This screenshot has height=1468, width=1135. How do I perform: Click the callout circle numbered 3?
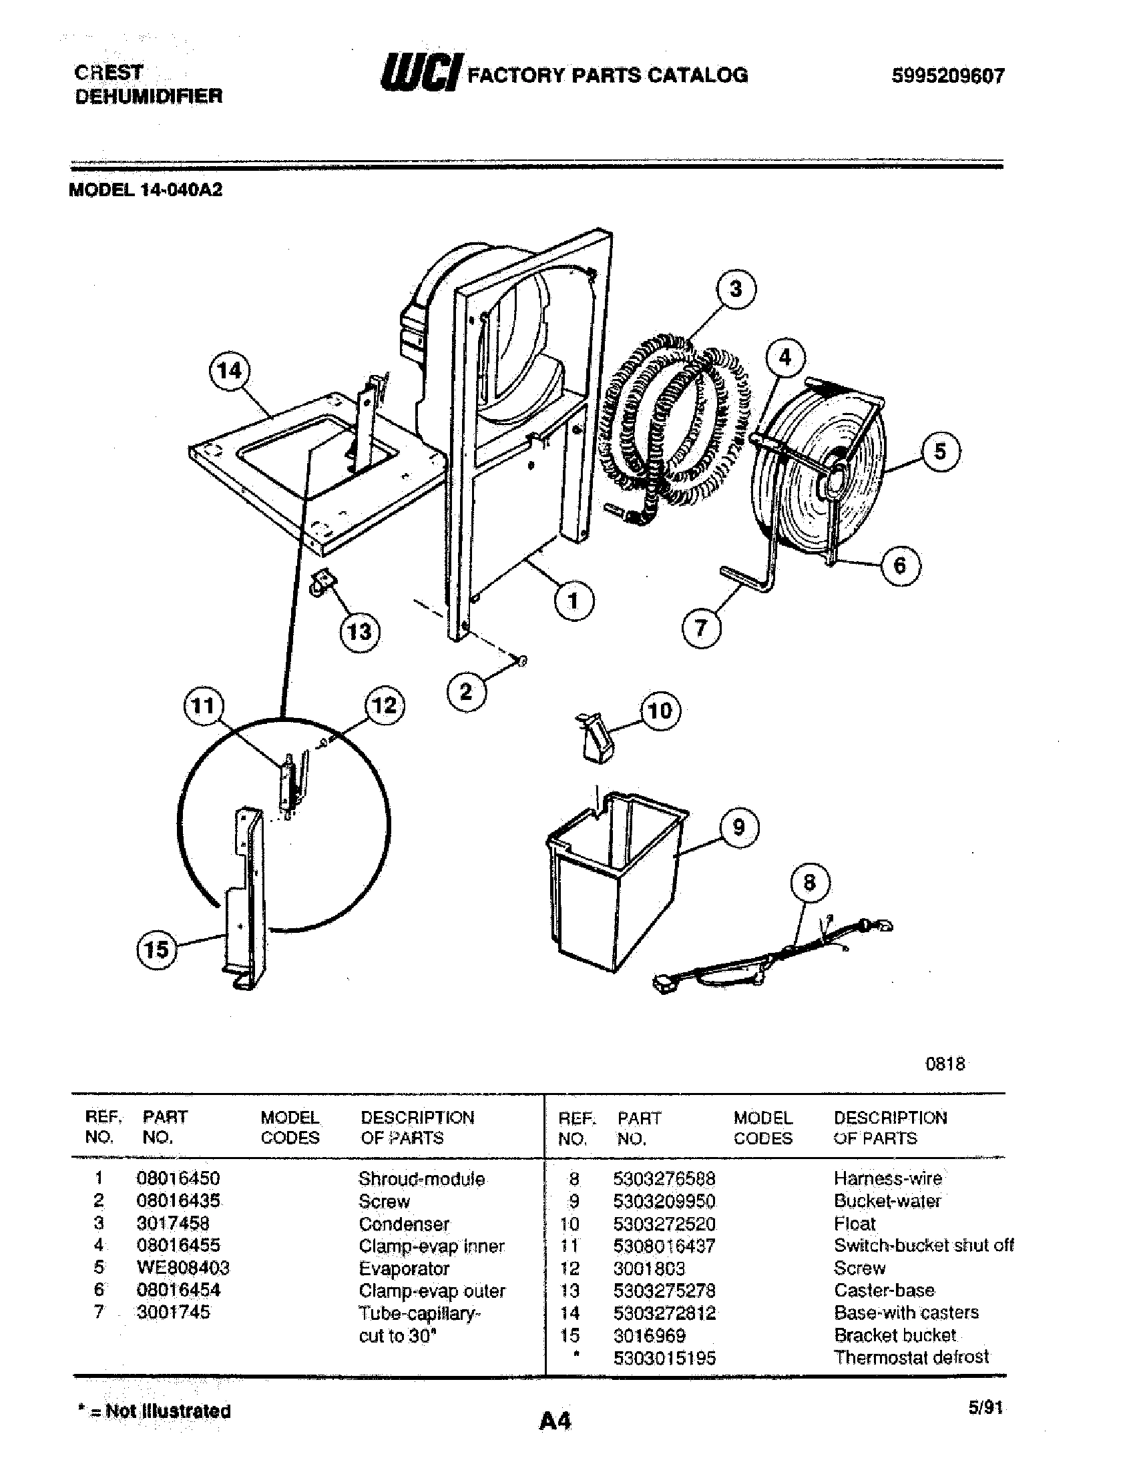(x=736, y=289)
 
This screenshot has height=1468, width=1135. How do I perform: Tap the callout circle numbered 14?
(x=229, y=370)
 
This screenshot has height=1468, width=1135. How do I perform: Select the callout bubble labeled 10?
(x=660, y=711)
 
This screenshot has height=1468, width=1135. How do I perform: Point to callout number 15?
(x=156, y=950)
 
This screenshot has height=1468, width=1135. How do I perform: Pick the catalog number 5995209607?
(x=947, y=76)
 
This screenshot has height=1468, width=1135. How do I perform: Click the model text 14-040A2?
(x=181, y=190)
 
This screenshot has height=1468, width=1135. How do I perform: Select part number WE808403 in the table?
(x=183, y=1268)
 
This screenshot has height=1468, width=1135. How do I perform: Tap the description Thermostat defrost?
(x=911, y=1357)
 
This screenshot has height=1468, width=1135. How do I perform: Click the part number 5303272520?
(x=664, y=1224)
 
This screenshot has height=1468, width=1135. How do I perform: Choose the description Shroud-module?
(x=421, y=1179)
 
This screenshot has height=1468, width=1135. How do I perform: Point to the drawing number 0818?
(x=945, y=1064)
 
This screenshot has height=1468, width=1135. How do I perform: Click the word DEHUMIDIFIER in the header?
(x=148, y=96)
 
